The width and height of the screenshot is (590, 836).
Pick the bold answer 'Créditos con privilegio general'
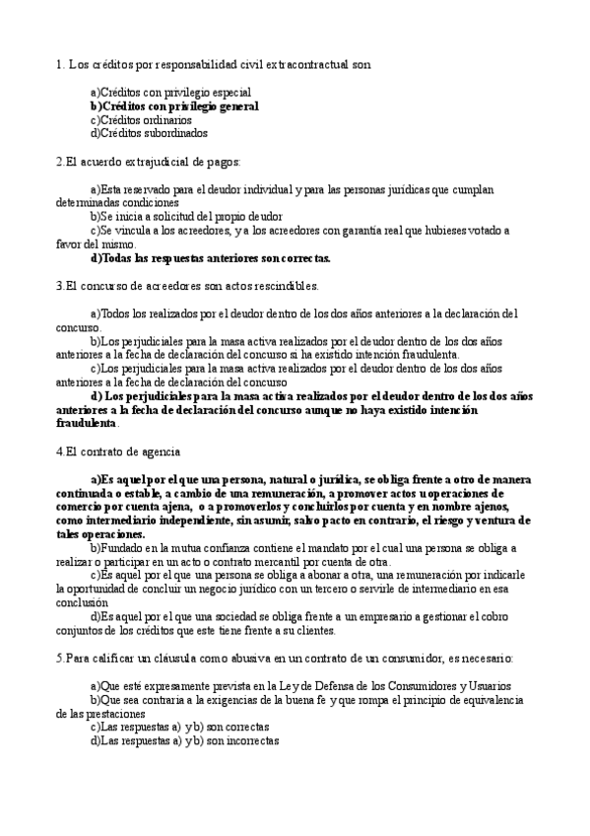pos(174,105)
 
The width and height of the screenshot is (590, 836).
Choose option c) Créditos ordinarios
pos(149,119)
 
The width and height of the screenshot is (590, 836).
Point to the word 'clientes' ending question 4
pos(309,631)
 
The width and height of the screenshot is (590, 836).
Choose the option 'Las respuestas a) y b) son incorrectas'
pos(185,741)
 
